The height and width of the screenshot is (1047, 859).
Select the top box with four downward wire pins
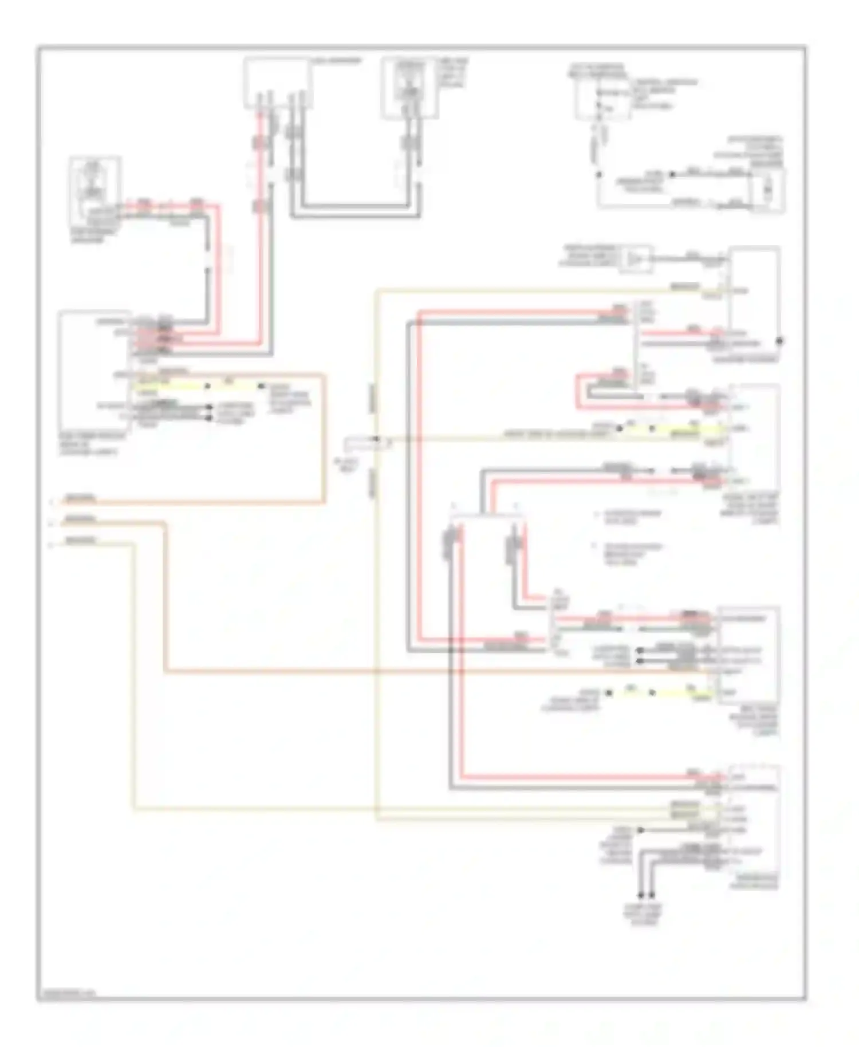point(278,84)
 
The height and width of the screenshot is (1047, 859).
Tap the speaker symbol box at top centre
point(409,88)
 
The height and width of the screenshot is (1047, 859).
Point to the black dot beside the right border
point(779,341)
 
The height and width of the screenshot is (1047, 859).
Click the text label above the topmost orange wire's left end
point(81,497)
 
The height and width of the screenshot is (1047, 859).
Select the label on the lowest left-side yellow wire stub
point(81,540)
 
